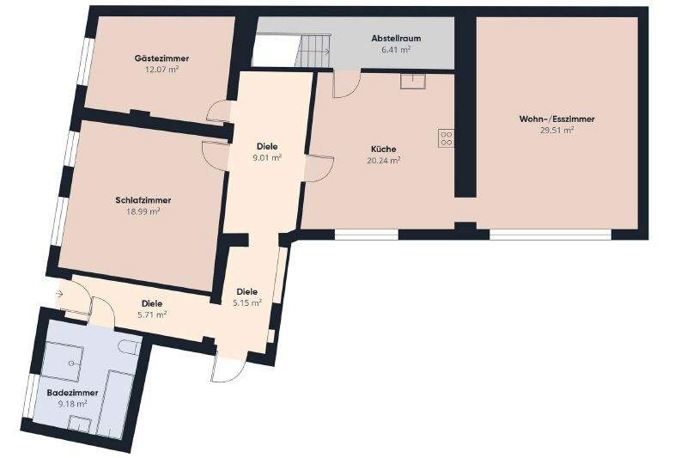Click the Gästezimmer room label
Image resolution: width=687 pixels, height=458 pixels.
[161, 58]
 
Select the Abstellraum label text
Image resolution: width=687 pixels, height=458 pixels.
[396, 39]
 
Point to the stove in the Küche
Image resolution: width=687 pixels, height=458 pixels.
[446, 138]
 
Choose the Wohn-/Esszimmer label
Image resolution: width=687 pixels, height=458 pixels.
[556, 119]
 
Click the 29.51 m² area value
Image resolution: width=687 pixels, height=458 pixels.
[556, 131]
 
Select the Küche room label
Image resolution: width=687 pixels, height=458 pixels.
[383, 148]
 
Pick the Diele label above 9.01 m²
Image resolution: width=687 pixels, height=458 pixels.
[267, 145]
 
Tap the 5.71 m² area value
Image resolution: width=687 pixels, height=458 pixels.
[152, 314]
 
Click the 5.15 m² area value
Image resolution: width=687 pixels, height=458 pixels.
[246, 303]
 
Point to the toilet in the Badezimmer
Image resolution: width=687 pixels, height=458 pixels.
[129, 348]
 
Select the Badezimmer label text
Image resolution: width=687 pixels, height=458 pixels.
[72, 392]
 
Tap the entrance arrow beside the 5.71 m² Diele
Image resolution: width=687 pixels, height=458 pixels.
[58, 294]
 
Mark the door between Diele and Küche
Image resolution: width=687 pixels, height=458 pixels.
[318, 165]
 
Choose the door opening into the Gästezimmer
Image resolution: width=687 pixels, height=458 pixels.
[218, 112]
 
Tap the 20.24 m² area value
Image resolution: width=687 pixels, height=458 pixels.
[383, 160]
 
